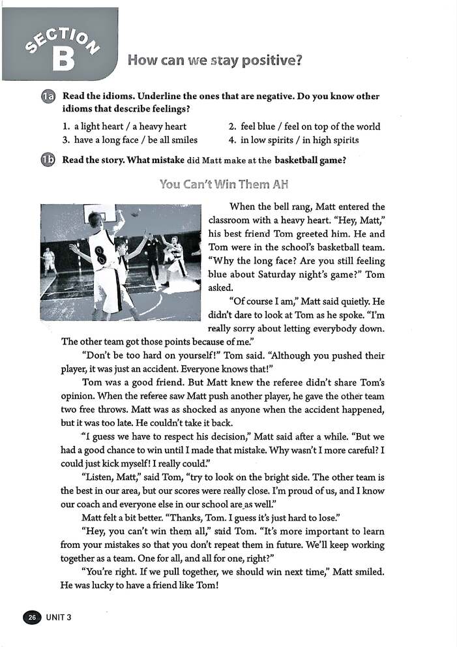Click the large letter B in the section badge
[x=63, y=59]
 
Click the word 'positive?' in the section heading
[x=270, y=61]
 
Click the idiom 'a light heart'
[x=98, y=127]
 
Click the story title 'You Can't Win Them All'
[x=223, y=185]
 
